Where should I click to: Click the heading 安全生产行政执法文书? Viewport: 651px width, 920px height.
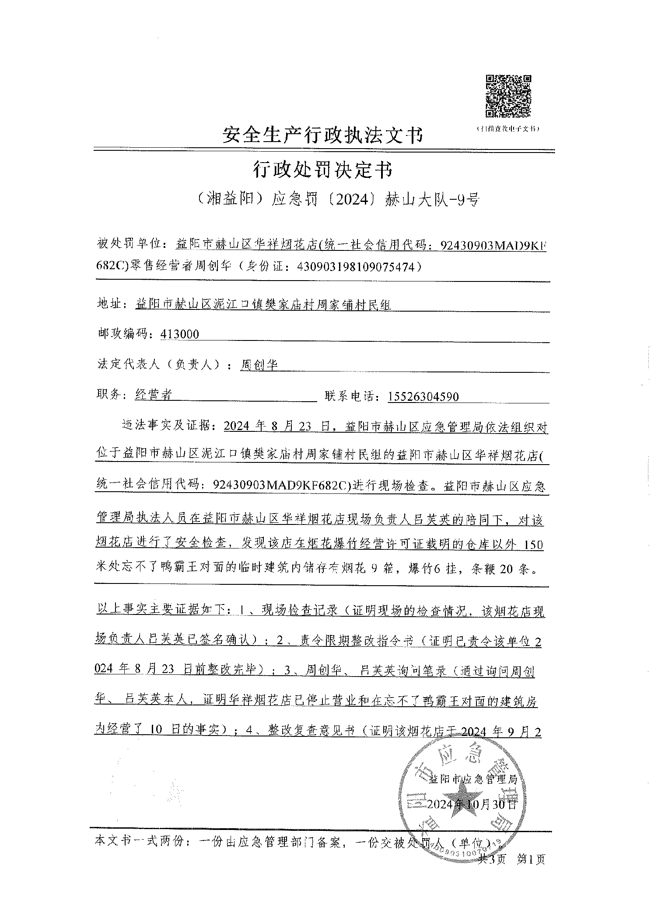323,135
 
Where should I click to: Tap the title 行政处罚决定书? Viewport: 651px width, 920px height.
323,170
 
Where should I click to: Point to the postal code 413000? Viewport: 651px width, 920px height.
180,334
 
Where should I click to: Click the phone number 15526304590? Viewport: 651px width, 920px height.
423,396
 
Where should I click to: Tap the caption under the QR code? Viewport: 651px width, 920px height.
508,129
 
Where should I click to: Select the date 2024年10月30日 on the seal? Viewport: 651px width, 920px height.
472,804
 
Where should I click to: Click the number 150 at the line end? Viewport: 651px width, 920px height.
533,545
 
